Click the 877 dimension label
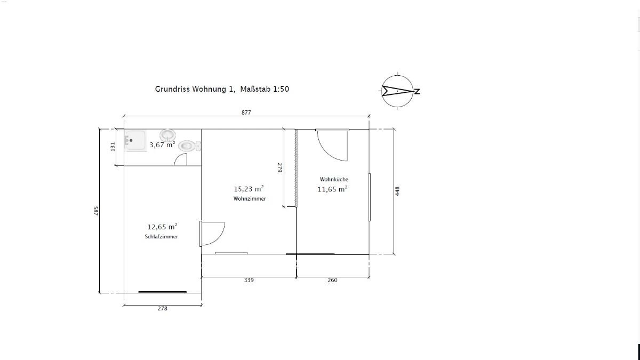[x=246, y=113]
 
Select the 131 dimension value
[x=113, y=147]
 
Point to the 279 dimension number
[x=280, y=167]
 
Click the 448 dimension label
[x=397, y=191]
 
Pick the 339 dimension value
[x=249, y=281]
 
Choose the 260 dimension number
[x=332, y=281]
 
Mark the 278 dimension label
[x=162, y=309]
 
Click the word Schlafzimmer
[x=162, y=237]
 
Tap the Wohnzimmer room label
[x=250, y=198]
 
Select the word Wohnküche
[x=334, y=179]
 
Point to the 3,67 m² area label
[x=162, y=145]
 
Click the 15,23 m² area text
[x=249, y=189]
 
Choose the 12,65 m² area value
[x=162, y=227]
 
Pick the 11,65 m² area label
[x=333, y=189]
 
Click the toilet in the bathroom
[x=189, y=146]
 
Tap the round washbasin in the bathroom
[x=167, y=135]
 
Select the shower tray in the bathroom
[x=135, y=141]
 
